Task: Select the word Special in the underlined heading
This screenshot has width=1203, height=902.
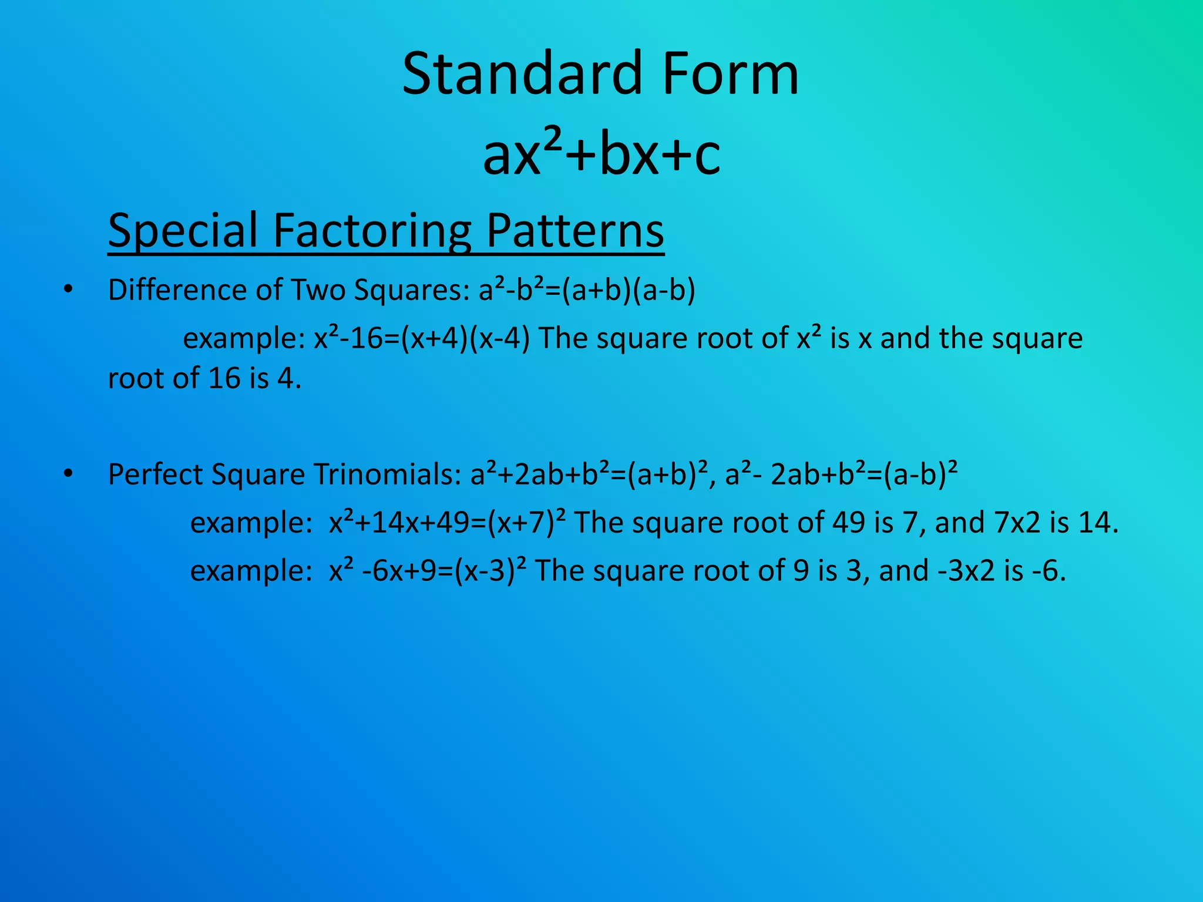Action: click(183, 231)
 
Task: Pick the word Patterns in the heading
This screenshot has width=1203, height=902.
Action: click(575, 231)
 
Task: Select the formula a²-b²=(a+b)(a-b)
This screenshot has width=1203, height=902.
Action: click(587, 290)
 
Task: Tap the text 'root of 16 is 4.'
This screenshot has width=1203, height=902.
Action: click(204, 378)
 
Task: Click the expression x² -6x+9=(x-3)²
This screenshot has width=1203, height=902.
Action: click(427, 570)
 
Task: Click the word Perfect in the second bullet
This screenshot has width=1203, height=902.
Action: click(156, 474)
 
